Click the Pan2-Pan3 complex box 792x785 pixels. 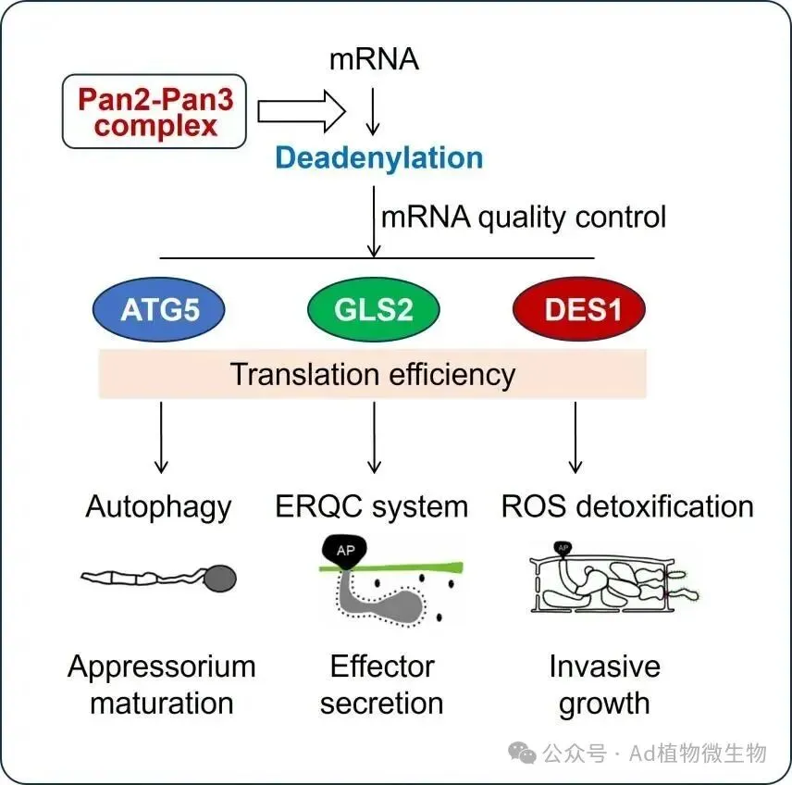(x=155, y=112)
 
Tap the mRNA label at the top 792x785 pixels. (x=374, y=61)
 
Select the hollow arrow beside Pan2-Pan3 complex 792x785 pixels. (x=301, y=112)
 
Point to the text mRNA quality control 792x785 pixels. (x=524, y=217)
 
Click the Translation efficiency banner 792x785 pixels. (x=372, y=374)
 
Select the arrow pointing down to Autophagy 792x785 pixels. (x=161, y=436)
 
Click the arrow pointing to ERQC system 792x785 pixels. (x=374, y=436)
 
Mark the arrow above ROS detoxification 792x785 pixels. (x=575, y=436)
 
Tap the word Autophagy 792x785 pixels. (x=159, y=506)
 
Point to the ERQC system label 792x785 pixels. (x=372, y=506)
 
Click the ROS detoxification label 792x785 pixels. (x=627, y=506)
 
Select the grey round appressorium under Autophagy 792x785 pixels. (x=219, y=579)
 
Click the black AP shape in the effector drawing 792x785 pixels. (x=345, y=551)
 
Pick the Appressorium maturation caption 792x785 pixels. (x=162, y=684)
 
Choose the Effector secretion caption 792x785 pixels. (x=381, y=684)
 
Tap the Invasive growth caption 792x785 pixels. (x=604, y=684)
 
